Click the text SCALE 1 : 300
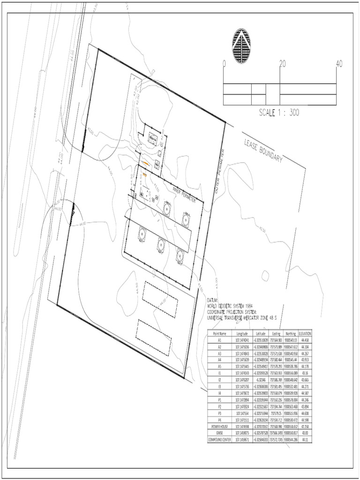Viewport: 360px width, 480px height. point(279,113)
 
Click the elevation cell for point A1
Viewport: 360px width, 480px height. point(305,339)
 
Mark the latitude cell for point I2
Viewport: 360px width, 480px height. point(261,367)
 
